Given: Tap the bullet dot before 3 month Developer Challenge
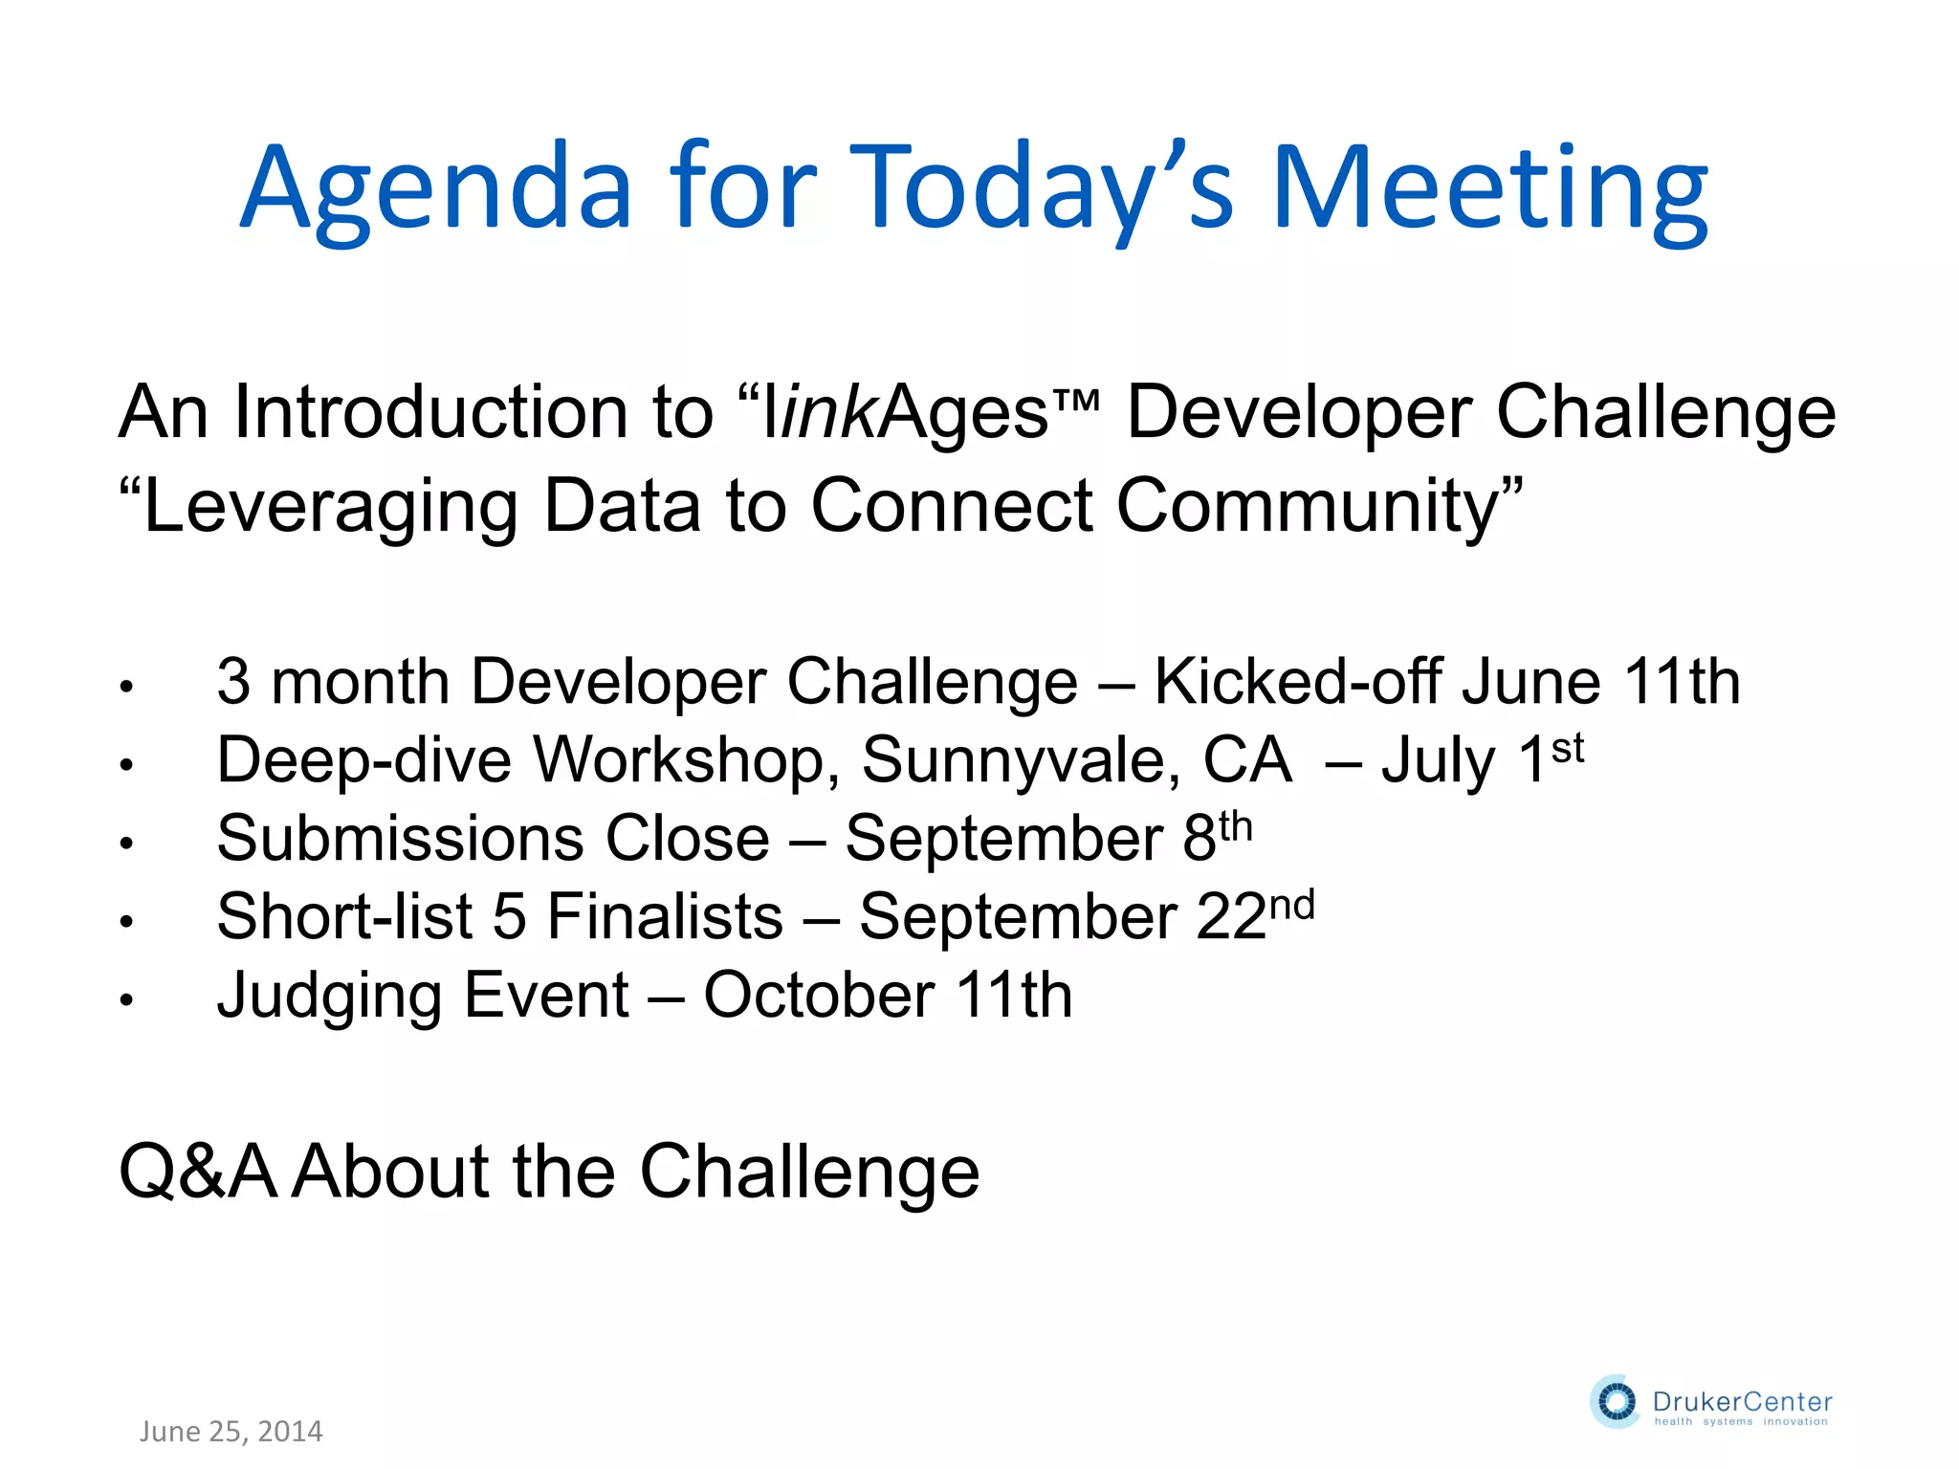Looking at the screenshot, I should coord(125,687).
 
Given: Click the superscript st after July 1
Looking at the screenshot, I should coord(1567,748).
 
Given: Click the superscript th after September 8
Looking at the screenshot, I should coord(1235,826).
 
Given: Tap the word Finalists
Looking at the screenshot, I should coord(665,917).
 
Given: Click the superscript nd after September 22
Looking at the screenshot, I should coord(1291,905).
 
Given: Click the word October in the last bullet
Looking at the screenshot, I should coord(819,996).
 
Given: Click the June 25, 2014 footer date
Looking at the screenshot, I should coord(231,1432).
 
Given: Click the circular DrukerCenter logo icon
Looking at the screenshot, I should coord(1616,1402).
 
